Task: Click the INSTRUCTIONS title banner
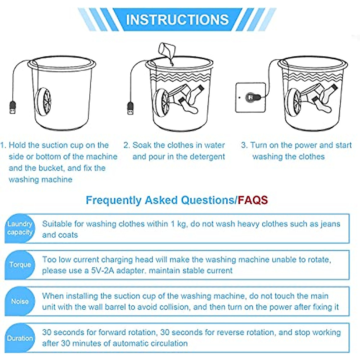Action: click(x=177, y=19)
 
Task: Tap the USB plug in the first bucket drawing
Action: click(x=13, y=107)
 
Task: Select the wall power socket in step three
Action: click(x=250, y=97)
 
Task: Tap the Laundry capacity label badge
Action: click(x=20, y=228)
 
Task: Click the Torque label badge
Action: click(x=20, y=265)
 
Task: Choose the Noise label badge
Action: click(x=20, y=301)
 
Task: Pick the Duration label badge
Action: click(x=20, y=338)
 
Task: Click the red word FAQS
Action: click(x=253, y=200)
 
